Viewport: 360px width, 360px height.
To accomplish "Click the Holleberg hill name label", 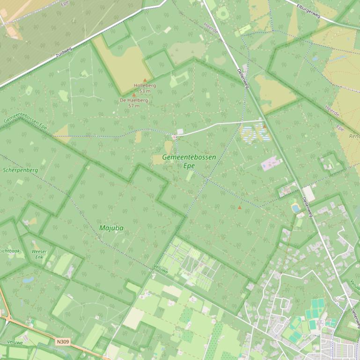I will [145, 86].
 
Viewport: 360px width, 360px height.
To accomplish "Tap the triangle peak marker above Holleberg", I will [145, 80].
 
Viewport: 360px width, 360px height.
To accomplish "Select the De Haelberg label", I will [134, 100].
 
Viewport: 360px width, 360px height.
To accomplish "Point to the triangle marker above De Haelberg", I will [134, 94].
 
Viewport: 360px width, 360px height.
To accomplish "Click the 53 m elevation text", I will [145, 91].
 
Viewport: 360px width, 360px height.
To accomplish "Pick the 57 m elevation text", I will [134, 106].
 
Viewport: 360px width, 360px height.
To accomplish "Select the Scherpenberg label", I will [20, 170].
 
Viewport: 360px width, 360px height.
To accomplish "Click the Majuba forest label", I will [111, 228].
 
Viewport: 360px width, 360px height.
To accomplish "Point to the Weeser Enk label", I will [39, 254].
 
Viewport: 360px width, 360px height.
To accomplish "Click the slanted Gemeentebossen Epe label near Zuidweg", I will [26, 120].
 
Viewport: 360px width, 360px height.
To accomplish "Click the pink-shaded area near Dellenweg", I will [271, 164].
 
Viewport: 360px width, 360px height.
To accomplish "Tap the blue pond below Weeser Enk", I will [28, 280].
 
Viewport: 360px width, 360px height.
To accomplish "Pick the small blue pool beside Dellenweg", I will [296, 208].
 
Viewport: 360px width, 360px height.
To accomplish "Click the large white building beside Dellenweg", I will [309, 193].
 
